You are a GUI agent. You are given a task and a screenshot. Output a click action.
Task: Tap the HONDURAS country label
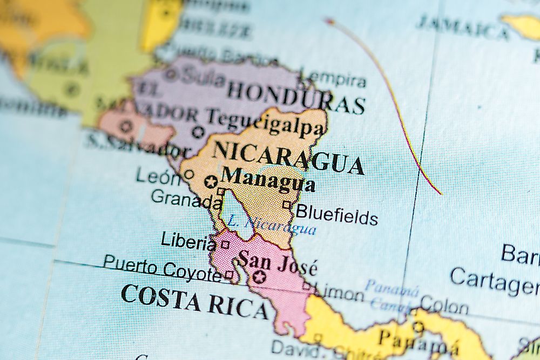[x=296, y=97]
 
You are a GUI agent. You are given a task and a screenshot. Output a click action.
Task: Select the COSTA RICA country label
[x=194, y=301]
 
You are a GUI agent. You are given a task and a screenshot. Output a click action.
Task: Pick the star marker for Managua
[x=211, y=182]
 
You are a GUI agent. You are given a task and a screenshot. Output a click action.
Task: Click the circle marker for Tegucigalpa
[x=198, y=131]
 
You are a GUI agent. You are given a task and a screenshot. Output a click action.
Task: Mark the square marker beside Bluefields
[x=287, y=205]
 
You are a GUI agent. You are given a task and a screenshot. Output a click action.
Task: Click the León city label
[x=158, y=176]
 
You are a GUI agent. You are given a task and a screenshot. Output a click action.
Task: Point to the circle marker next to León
[x=188, y=174]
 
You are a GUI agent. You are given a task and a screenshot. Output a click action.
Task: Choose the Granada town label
[x=186, y=199]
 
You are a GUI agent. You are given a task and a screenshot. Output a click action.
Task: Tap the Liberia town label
[x=188, y=241]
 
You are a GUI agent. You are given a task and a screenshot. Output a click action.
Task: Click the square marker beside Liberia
[x=225, y=244]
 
